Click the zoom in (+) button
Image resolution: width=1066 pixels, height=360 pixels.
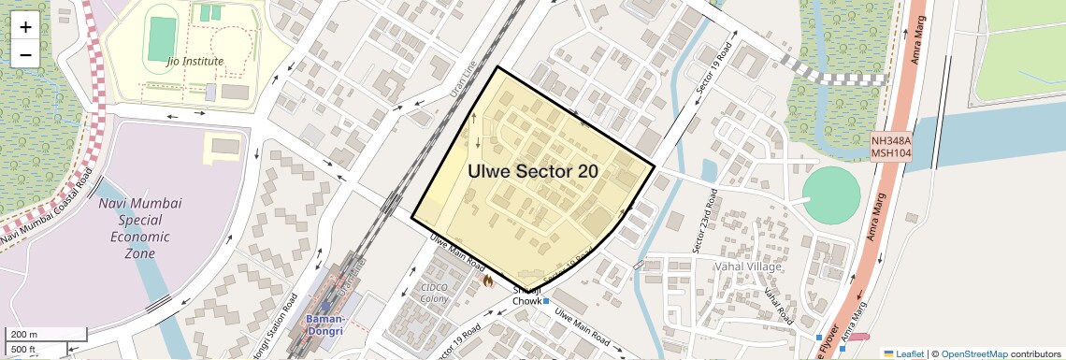25,27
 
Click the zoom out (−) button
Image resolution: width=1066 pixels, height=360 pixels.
25,54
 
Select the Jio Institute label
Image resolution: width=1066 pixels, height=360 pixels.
194,62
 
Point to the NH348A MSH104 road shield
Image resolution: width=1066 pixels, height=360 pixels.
890,146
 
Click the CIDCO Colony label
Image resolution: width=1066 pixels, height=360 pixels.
435,294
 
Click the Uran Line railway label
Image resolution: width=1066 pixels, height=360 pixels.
464,78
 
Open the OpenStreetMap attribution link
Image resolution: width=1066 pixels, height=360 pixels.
973,353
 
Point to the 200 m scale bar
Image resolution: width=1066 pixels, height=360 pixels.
47,335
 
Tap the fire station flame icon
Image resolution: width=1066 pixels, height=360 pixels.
486,279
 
